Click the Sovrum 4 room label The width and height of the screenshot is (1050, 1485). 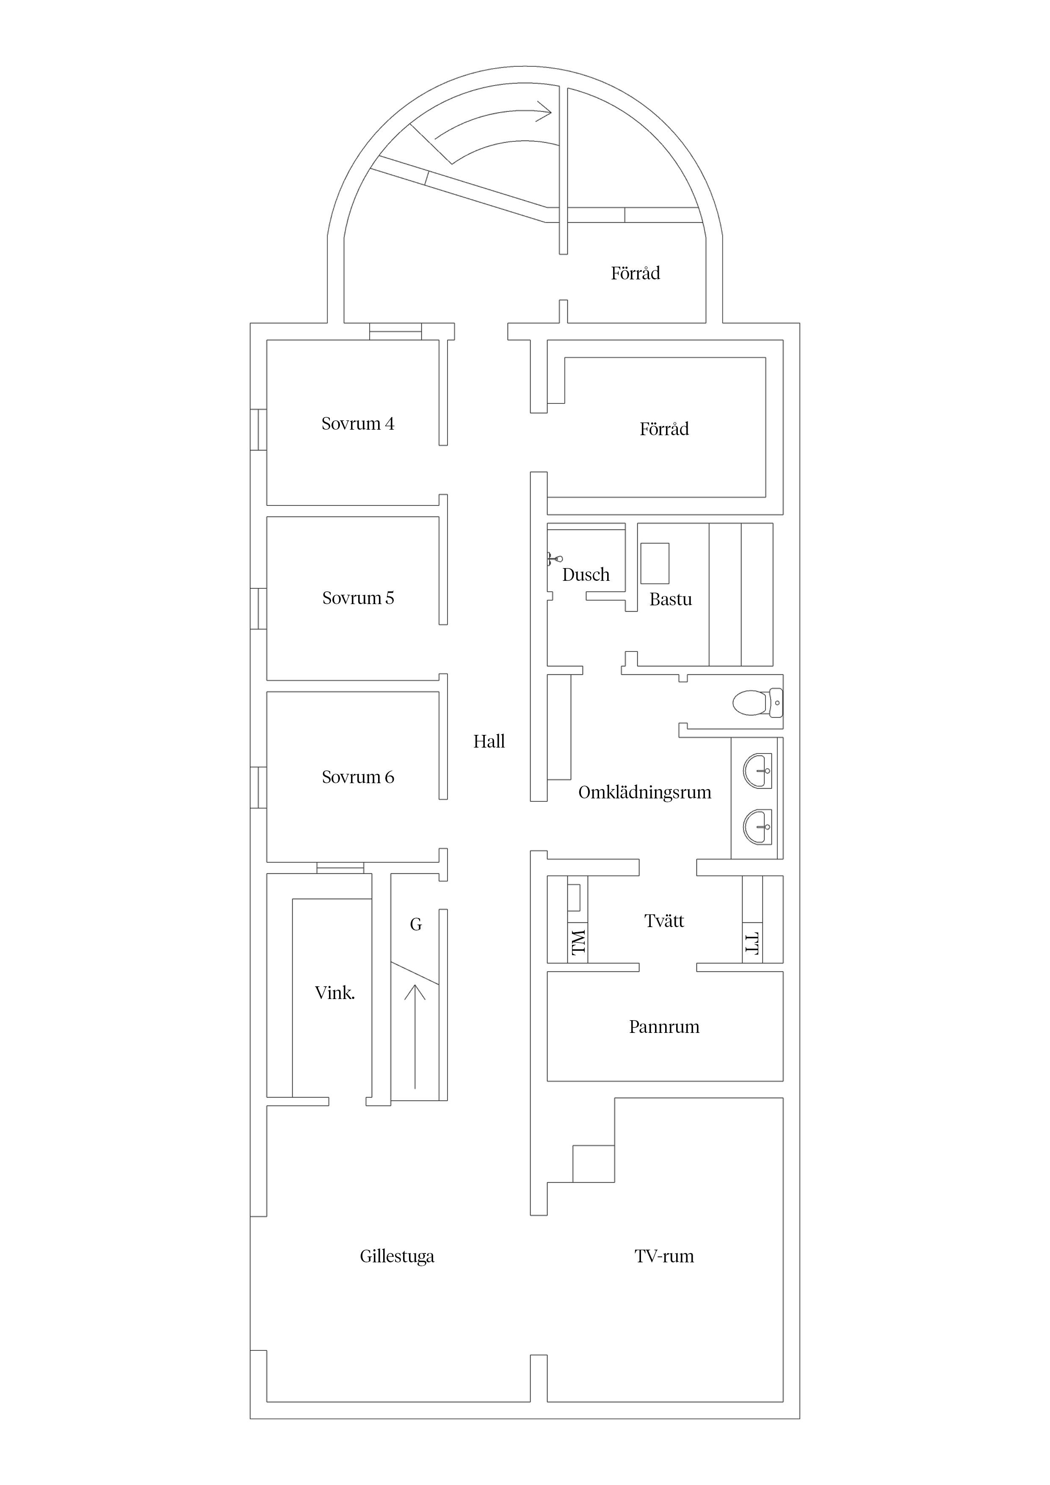pos(358,424)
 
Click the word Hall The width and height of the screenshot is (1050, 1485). pos(489,741)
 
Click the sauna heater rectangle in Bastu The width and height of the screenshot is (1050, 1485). pos(655,563)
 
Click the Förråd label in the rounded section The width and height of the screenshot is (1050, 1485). pos(636,273)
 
